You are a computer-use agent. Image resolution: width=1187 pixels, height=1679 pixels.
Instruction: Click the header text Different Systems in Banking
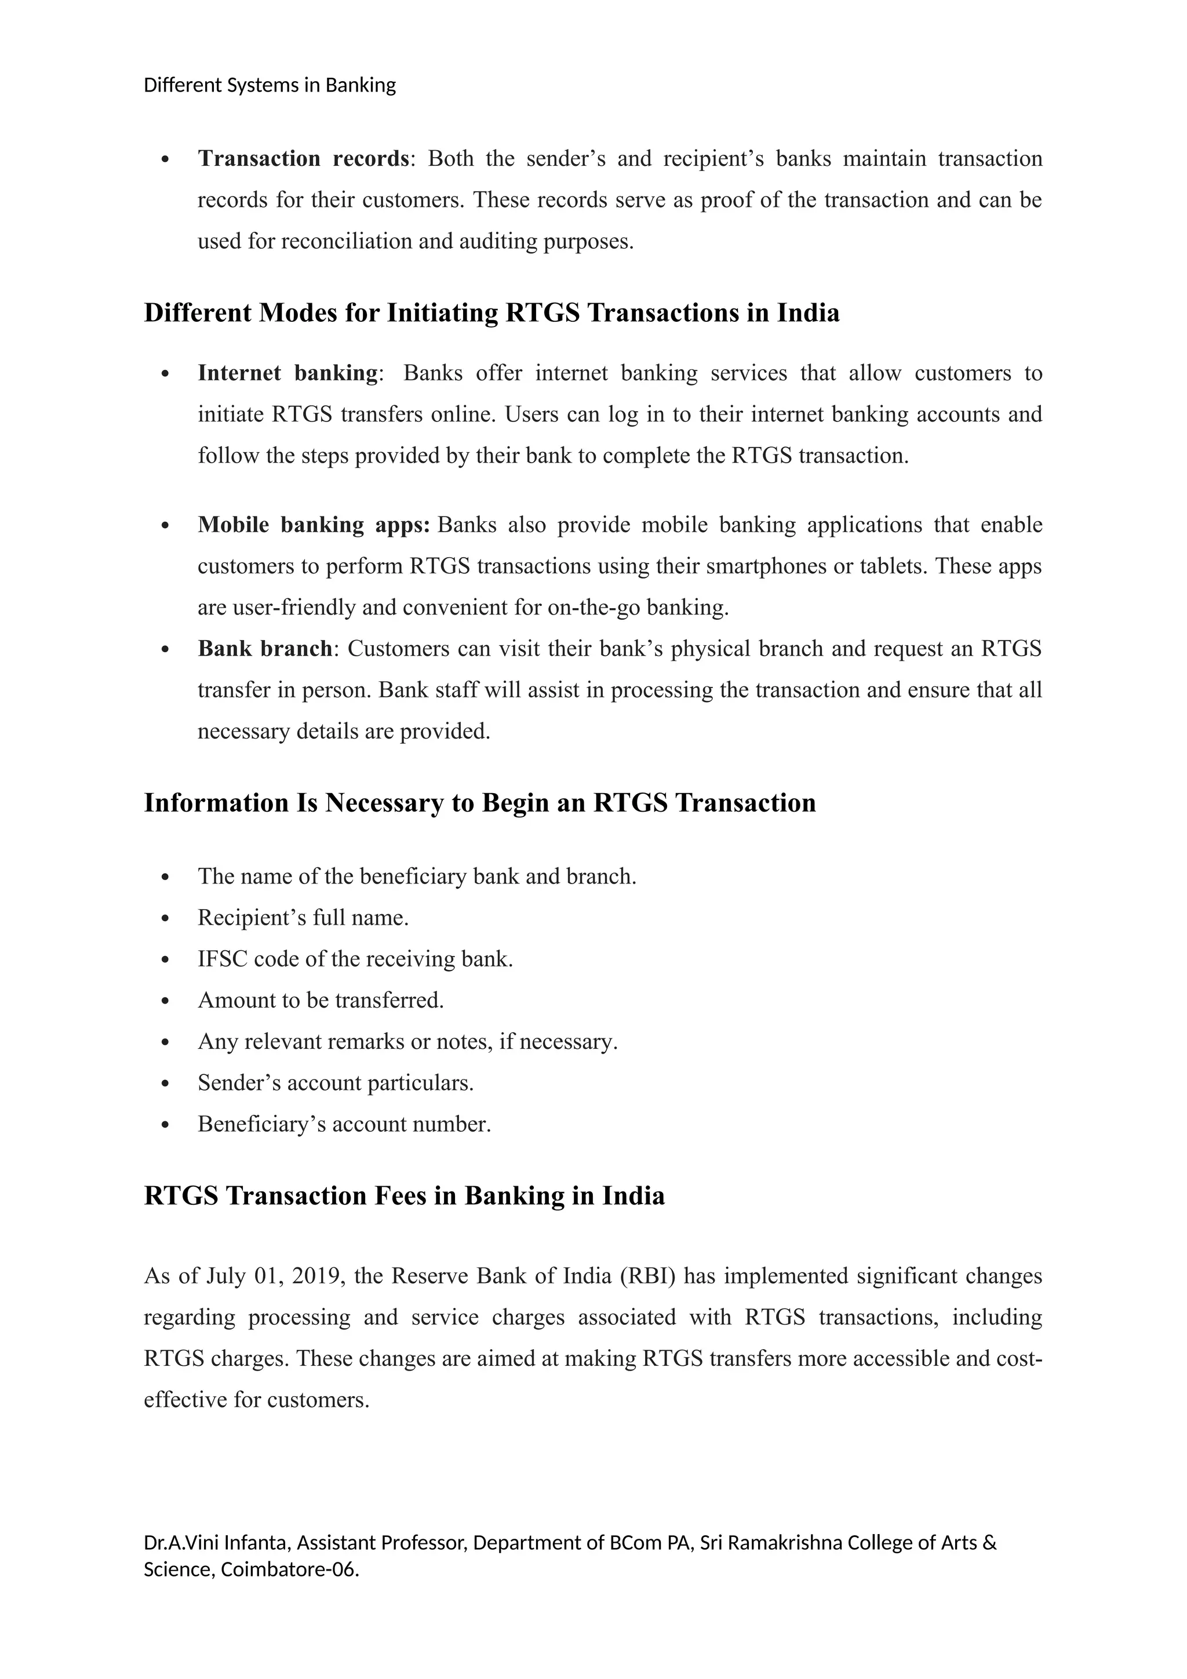click(x=269, y=86)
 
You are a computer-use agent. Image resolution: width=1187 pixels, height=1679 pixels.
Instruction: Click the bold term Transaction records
click(x=303, y=159)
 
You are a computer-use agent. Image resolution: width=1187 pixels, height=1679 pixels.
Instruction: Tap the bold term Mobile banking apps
click(x=313, y=525)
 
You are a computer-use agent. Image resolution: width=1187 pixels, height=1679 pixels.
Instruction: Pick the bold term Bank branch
click(x=265, y=649)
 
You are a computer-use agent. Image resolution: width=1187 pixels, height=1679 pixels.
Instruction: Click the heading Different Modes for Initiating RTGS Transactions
click(x=491, y=313)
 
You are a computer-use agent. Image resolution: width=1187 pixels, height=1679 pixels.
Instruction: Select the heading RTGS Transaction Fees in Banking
click(x=404, y=1195)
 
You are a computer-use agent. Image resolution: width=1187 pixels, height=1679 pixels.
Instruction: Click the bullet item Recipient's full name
click(x=303, y=918)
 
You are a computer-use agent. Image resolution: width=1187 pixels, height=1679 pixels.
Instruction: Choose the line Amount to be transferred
click(x=320, y=1000)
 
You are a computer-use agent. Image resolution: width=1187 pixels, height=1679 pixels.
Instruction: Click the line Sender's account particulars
click(x=336, y=1083)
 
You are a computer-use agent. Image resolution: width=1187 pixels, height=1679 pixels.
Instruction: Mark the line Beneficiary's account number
click(x=344, y=1124)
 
